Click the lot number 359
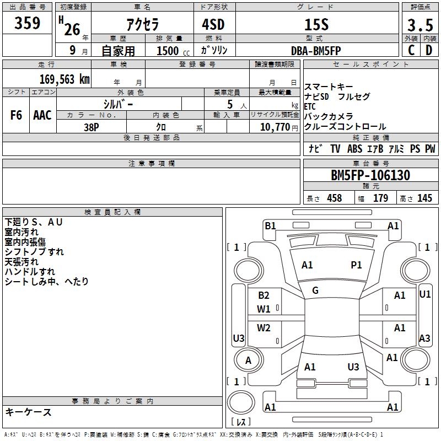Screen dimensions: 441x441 [x=28, y=23]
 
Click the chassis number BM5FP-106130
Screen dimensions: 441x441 [x=370, y=176]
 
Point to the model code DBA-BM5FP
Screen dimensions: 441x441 [x=316, y=50]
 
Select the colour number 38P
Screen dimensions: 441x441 [x=92, y=127]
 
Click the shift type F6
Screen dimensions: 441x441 [x=17, y=115]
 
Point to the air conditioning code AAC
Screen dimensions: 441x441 [x=42, y=115]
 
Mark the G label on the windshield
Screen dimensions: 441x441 [x=315, y=291]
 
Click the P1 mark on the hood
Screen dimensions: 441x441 [x=357, y=265]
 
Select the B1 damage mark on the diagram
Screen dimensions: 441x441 [x=270, y=225]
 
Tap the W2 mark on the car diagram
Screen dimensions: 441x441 [x=264, y=329]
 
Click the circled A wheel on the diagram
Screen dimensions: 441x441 [x=248, y=361]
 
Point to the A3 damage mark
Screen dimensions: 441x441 [x=424, y=338]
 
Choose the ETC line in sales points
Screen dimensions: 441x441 [x=310, y=106]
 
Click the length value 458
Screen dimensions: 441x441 [x=334, y=198]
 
